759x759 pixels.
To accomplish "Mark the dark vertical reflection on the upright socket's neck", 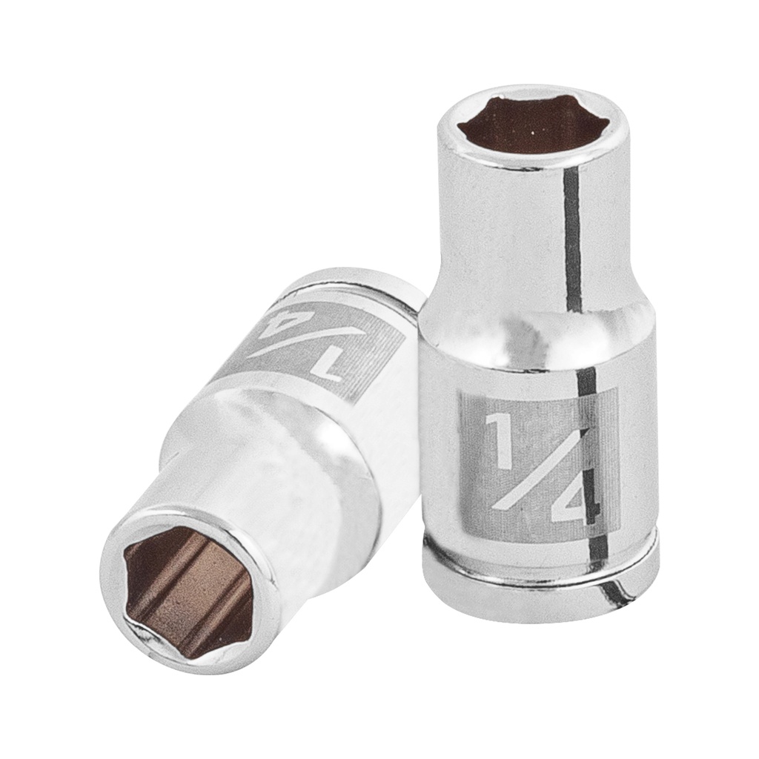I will (x=571, y=237).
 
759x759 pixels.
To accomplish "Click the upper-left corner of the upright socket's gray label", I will (x=462, y=392).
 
